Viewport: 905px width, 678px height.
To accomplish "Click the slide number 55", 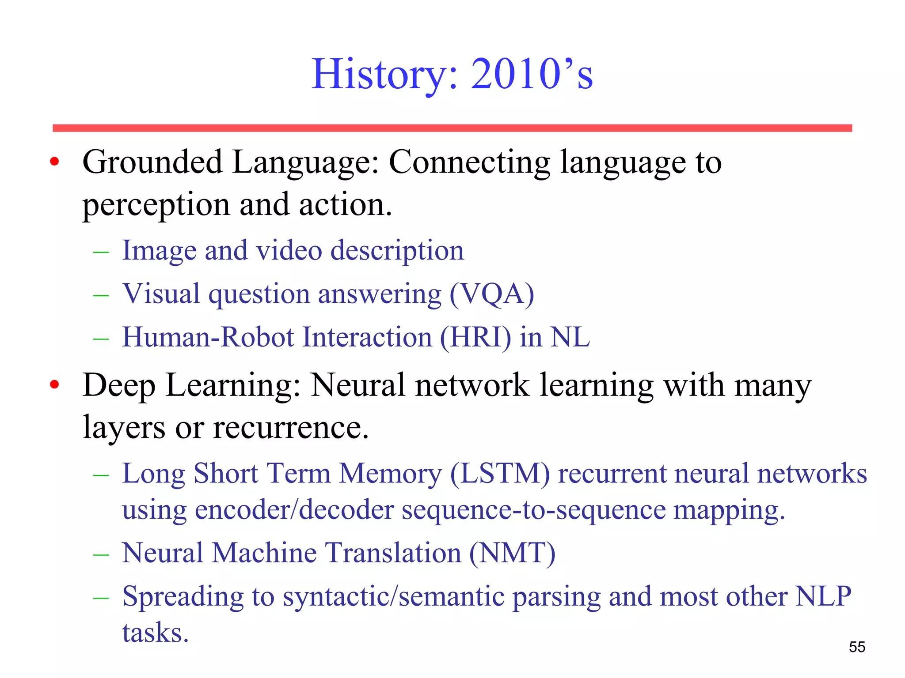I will [x=857, y=647].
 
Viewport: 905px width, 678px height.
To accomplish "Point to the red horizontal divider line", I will [x=452, y=128].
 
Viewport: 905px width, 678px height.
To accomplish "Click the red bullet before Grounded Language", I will [x=54, y=162].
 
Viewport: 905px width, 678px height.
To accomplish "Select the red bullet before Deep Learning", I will [x=54, y=385].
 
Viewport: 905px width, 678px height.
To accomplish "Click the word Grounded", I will [x=152, y=162].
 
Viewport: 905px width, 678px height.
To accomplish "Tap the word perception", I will [x=156, y=205].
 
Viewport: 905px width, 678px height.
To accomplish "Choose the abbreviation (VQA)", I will [x=492, y=294].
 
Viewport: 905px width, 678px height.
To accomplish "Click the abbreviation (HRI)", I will [x=475, y=337].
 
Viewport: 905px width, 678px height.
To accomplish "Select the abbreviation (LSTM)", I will [x=500, y=474].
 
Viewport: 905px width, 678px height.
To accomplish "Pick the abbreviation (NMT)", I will [x=512, y=553].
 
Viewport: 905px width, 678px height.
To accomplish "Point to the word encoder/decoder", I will [x=294, y=510].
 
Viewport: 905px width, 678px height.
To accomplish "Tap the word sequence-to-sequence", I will [x=533, y=510].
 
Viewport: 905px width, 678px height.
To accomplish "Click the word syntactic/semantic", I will [x=394, y=596].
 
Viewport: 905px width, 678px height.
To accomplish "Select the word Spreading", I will [x=183, y=596].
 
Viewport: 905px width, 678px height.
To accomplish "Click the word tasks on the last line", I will [x=155, y=633].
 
